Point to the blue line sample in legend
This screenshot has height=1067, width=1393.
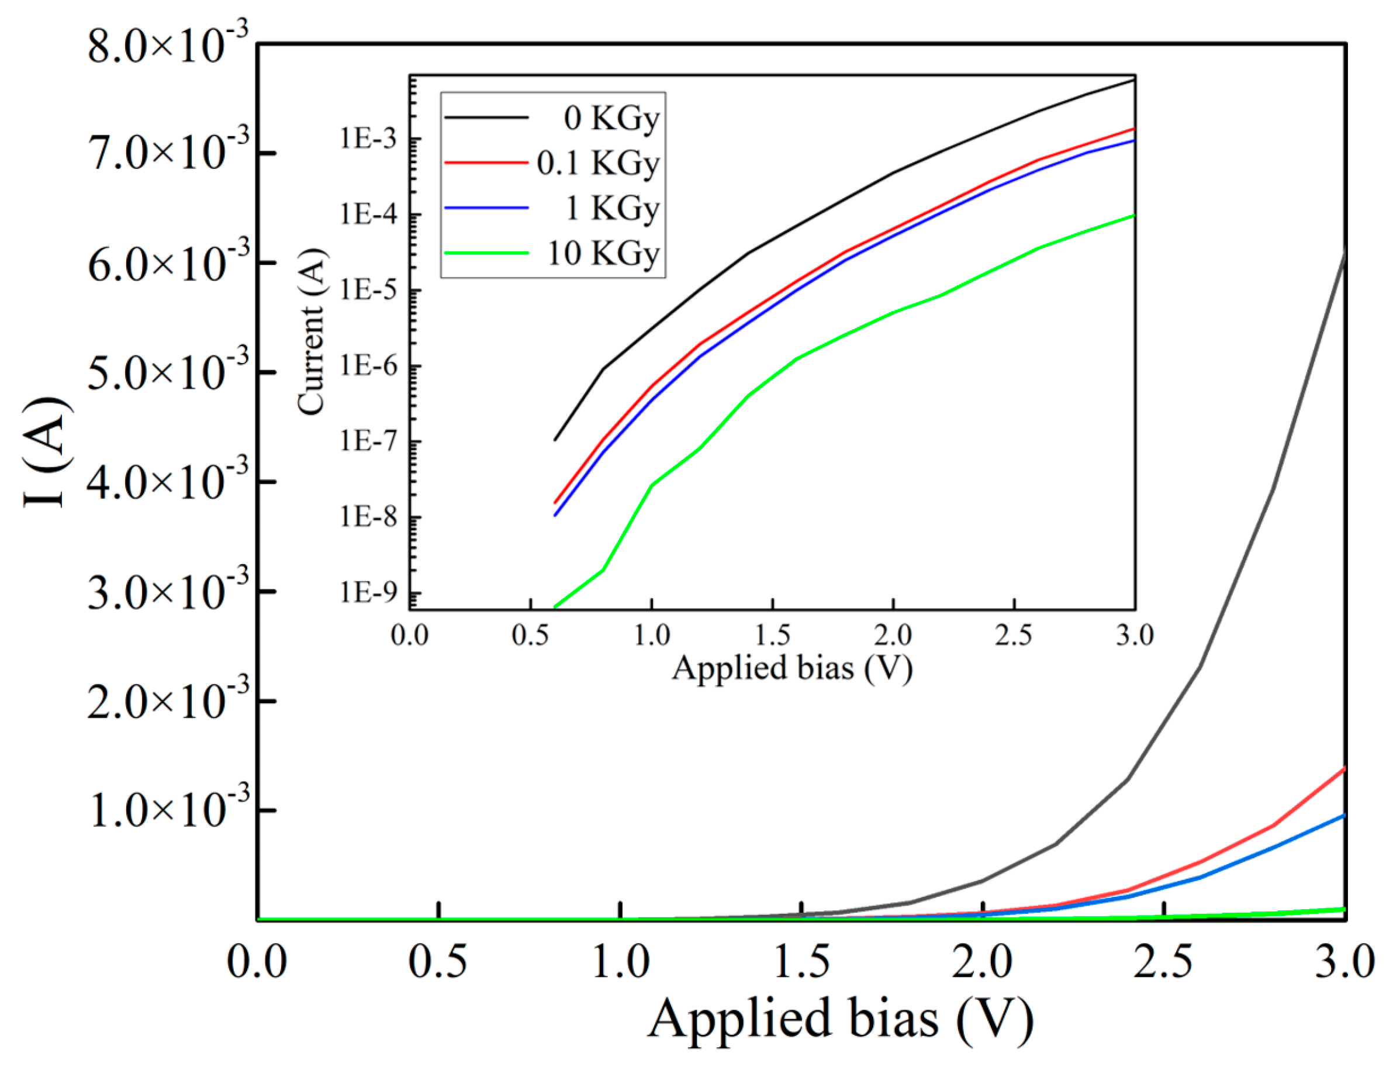tap(486, 208)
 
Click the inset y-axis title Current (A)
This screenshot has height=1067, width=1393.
tap(312, 332)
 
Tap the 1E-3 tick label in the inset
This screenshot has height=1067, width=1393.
tap(369, 139)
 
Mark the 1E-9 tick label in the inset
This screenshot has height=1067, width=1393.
tap(369, 593)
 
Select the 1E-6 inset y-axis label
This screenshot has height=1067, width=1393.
tap(369, 366)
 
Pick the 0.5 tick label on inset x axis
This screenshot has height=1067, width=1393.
tap(530, 635)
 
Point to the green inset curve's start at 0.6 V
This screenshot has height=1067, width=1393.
tap(555, 607)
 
